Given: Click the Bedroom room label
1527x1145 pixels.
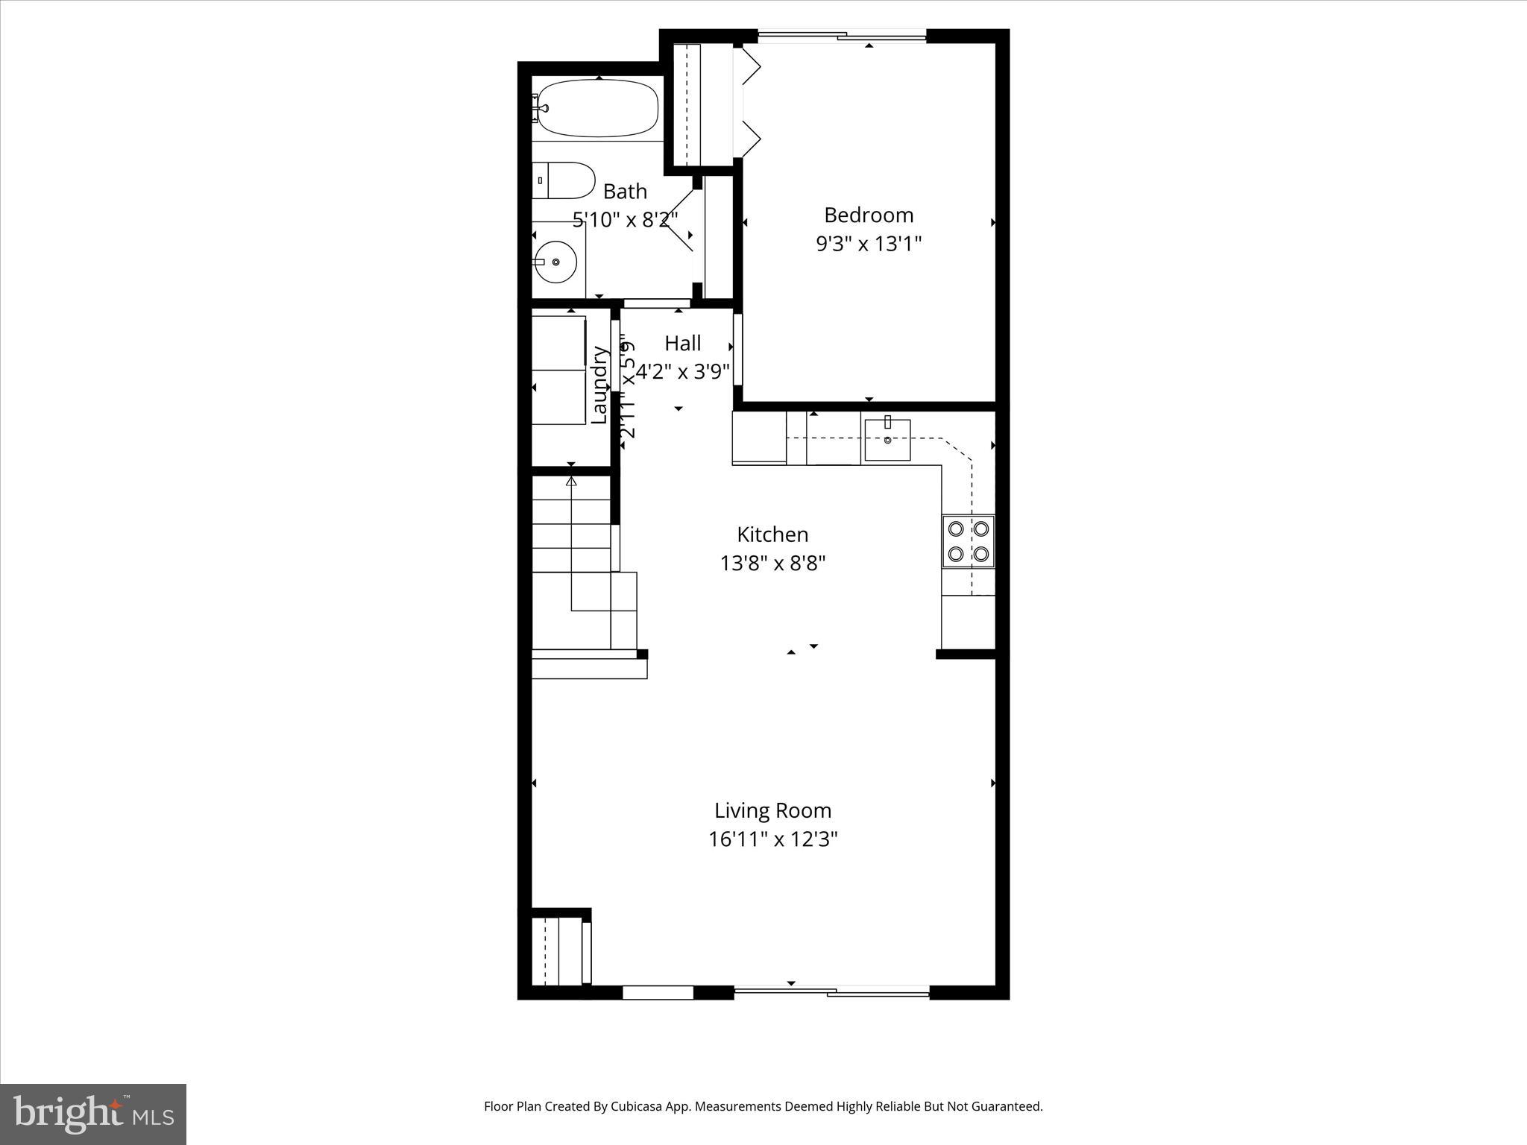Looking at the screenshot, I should point(869,215).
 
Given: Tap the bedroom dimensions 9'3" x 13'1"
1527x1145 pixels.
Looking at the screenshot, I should point(869,244).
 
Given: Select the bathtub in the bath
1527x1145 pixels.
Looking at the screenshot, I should point(597,109).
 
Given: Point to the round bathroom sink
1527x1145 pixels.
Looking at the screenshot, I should point(555,262).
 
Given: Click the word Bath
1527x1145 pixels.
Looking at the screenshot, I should point(625,192).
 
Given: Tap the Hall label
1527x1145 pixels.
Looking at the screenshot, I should point(682,344).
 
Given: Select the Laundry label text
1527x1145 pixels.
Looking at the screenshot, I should point(599,385).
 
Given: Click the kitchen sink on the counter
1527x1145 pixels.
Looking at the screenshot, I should point(887,440).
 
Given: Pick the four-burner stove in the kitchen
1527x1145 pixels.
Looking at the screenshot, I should point(968,541).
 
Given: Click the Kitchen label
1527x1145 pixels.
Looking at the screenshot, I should point(772,534).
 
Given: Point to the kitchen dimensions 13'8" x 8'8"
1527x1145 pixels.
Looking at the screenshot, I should point(772,563).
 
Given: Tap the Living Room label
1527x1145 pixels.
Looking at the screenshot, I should point(772,810).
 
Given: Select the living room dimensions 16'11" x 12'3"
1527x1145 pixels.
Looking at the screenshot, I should point(772,839).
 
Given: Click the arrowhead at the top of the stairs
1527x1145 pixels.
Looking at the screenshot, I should point(572,482).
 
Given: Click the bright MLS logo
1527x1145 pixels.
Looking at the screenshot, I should point(93,1114).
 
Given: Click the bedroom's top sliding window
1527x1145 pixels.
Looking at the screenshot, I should point(843,34).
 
